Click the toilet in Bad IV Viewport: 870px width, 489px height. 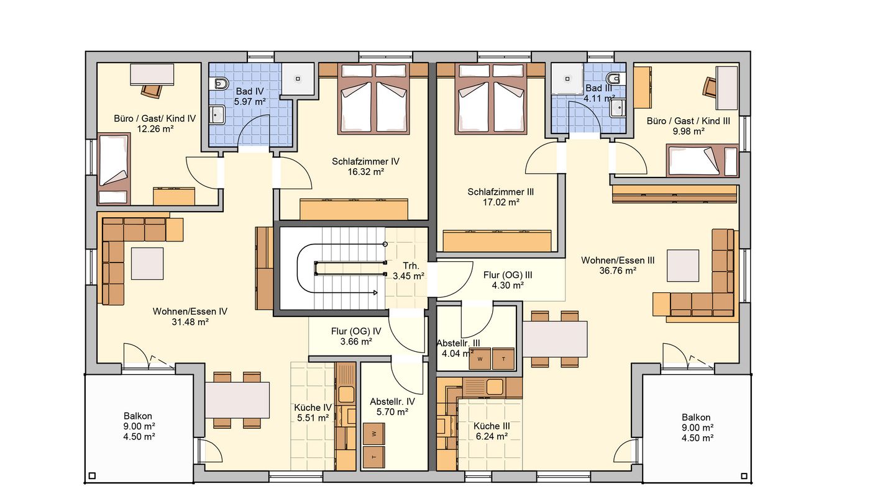(x=220, y=83)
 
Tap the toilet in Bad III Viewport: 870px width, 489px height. (x=616, y=79)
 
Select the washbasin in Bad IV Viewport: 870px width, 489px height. (x=217, y=114)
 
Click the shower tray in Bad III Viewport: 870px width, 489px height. (x=567, y=79)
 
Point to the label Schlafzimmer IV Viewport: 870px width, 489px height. (x=365, y=161)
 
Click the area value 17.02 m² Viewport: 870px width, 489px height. (x=501, y=202)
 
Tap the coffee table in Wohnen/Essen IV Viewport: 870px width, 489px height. (x=147, y=264)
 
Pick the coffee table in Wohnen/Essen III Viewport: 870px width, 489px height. (x=683, y=266)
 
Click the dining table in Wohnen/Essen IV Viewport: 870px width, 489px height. (x=237, y=400)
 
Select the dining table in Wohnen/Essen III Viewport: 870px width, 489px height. (x=555, y=339)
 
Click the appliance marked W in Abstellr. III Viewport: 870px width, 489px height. (x=480, y=359)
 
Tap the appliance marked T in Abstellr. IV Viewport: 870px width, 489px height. (x=374, y=457)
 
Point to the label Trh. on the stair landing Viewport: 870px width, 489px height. (x=411, y=266)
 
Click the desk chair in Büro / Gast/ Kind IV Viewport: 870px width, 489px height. (x=152, y=91)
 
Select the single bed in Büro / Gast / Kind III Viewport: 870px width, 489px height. (x=702, y=160)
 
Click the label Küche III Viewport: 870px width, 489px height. (x=492, y=426)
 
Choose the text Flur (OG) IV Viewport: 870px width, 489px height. (x=356, y=331)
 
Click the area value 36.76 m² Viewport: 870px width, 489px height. (x=618, y=271)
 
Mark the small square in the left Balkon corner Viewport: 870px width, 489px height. (x=92, y=476)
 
